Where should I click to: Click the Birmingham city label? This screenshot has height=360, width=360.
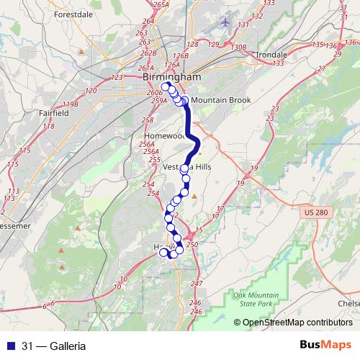171,77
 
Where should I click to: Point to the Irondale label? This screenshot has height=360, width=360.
272,54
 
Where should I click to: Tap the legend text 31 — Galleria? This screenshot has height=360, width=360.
54,346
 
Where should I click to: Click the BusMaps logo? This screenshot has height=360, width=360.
326,345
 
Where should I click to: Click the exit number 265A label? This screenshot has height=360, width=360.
161,4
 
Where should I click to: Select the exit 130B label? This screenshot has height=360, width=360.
239,47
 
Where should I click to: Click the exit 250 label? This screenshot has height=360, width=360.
192,245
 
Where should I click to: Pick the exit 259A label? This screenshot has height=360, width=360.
159,101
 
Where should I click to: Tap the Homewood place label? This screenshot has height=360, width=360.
165,135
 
